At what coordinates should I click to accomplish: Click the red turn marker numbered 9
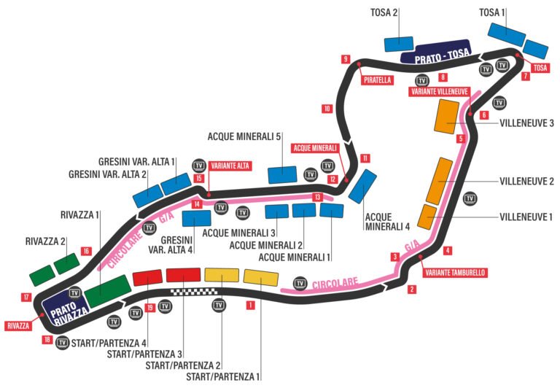tap(345, 59)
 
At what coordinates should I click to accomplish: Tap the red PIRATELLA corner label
tap(378, 80)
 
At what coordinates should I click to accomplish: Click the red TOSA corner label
tap(540, 68)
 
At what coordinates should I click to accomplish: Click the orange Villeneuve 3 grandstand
tap(446, 116)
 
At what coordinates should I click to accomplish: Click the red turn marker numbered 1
tap(250, 306)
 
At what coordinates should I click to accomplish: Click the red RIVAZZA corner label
tap(17, 325)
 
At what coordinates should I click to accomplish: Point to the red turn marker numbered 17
tap(26, 297)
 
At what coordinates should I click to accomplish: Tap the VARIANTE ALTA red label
tap(230, 166)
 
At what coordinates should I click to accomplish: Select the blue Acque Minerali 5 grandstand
tap(281, 175)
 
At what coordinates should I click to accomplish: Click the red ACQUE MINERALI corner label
tap(315, 147)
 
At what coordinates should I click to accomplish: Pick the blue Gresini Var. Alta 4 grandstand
tap(196, 217)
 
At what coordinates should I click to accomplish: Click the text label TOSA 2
tap(385, 12)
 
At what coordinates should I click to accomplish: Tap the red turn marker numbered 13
tap(317, 196)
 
